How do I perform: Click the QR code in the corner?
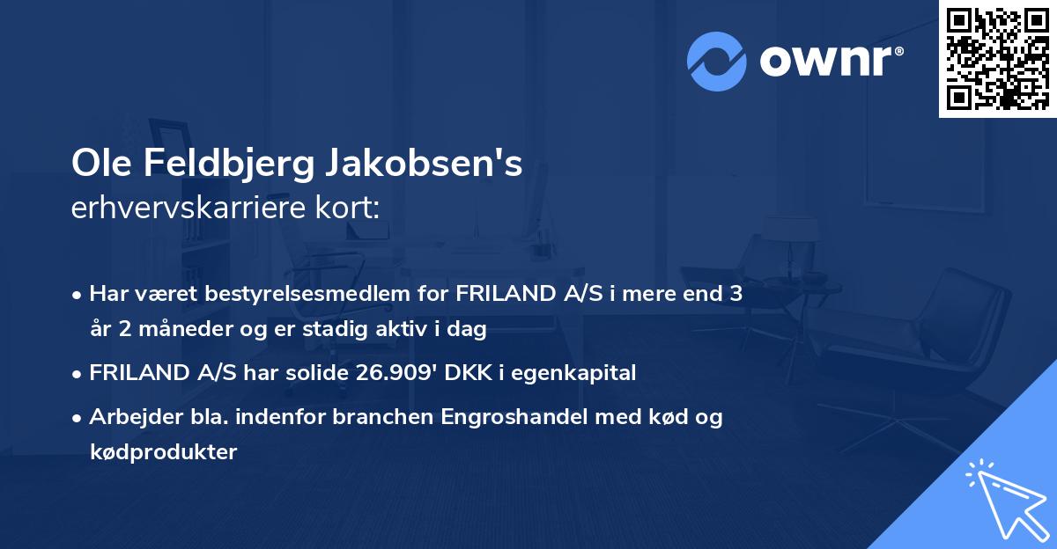click(x=998, y=58)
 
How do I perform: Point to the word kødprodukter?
click(x=163, y=452)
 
